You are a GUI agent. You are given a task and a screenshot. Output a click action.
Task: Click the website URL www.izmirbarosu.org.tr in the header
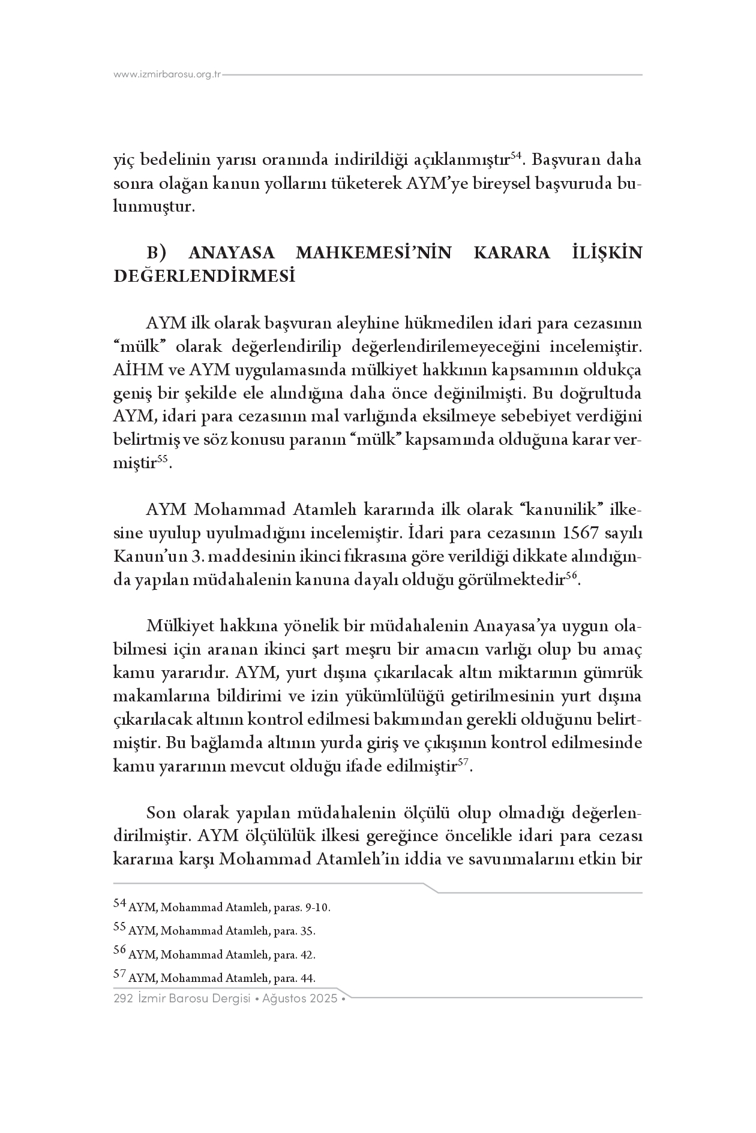coord(167,75)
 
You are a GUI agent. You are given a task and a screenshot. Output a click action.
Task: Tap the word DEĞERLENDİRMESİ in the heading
coord(205,276)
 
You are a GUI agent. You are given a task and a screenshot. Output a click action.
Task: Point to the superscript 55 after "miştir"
coord(162,459)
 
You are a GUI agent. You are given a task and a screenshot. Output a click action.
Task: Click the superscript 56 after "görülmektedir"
coord(572,575)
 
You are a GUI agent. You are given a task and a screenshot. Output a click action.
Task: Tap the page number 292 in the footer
coord(123,999)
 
